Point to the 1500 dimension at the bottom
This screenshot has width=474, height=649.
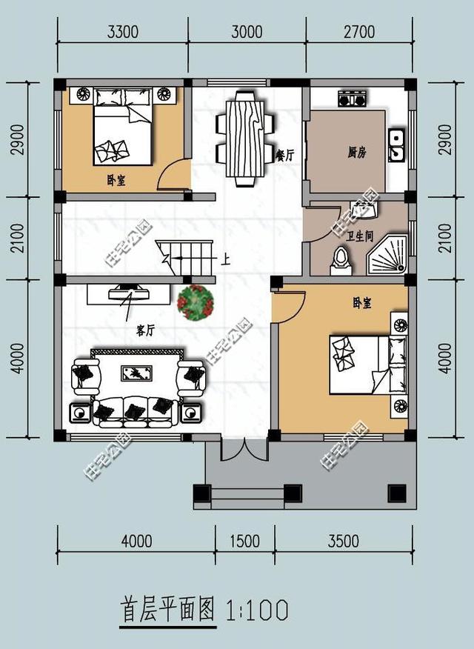pyautogui.click(x=244, y=542)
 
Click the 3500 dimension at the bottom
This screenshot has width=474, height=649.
pyautogui.click(x=343, y=542)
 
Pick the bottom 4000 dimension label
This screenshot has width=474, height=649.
pyautogui.click(x=136, y=542)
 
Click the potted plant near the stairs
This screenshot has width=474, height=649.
pyautogui.click(x=196, y=302)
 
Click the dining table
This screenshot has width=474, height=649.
pyautogui.click(x=243, y=139)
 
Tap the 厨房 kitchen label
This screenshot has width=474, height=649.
pyautogui.click(x=357, y=153)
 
